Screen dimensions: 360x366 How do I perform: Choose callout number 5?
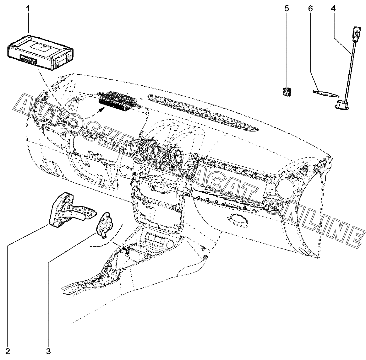(286, 8)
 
